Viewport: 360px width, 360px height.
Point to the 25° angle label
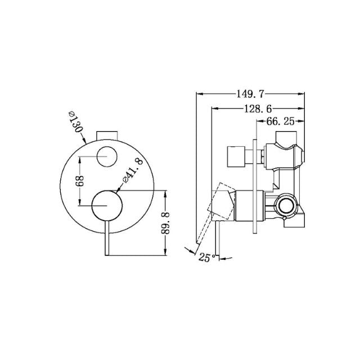point(205,257)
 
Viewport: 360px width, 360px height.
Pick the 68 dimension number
point(80,183)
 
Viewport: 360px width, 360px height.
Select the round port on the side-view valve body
point(287,206)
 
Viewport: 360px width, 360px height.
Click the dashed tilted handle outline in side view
point(220,200)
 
